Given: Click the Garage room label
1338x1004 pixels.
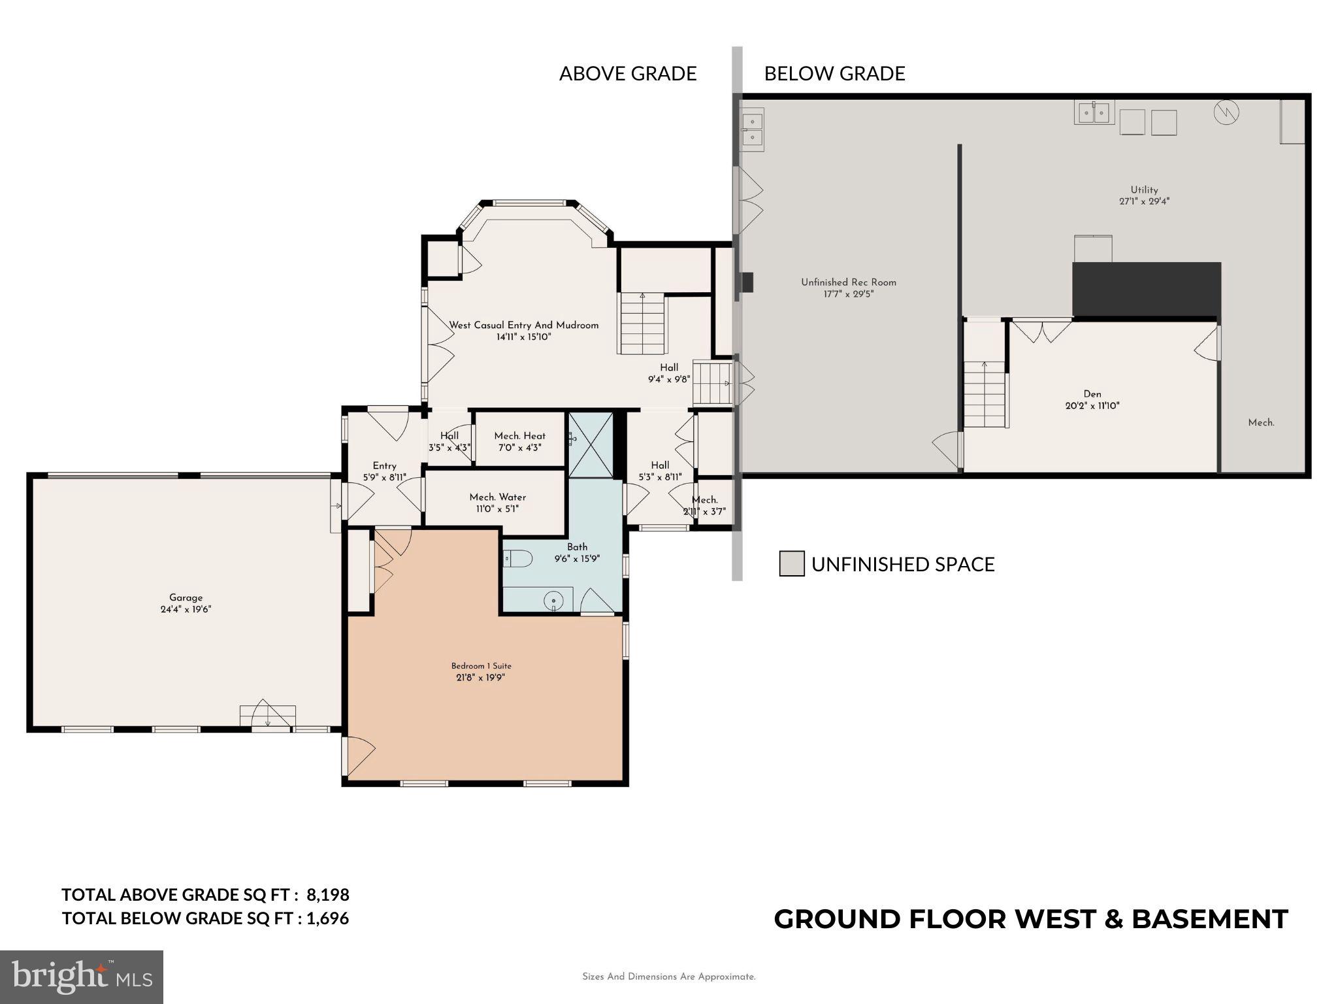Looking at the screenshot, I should pyautogui.click(x=186, y=597).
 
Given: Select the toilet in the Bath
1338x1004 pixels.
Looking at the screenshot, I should pyautogui.click(x=519, y=558).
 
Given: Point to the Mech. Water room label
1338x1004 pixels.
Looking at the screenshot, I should pyautogui.click(x=497, y=497).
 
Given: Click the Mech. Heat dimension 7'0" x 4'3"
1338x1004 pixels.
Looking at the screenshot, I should pyautogui.click(x=519, y=448).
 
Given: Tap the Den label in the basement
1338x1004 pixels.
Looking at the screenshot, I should pyautogui.click(x=1092, y=393).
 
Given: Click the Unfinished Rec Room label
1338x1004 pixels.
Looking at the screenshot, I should pyautogui.click(x=848, y=282).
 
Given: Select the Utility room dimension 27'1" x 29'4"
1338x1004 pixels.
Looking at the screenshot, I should pyautogui.click(x=1143, y=202).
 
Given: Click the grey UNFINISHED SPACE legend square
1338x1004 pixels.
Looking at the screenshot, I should pyautogui.click(x=791, y=563).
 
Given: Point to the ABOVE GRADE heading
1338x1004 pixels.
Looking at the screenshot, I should pyautogui.click(x=627, y=74).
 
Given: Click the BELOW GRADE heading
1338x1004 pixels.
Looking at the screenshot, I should pyautogui.click(x=834, y=74).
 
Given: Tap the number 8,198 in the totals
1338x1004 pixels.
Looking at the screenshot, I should pyautogui.click(x=327, y=894).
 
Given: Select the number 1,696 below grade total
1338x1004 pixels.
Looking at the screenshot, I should pyautogui.click(x=327, y=918).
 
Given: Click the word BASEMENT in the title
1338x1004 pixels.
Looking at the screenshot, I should pyautogui.click(x=1209, y=919).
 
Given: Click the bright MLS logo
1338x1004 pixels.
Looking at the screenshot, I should pyautogui.click(x=81, y=977).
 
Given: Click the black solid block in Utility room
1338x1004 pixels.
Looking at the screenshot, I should pyautogui.click(x=1146, y=289).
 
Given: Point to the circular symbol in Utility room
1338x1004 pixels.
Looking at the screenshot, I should pyautogui.click(x=1226, y=113).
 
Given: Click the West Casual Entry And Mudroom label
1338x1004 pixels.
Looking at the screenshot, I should pyautogui.click(x=523, y=325).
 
